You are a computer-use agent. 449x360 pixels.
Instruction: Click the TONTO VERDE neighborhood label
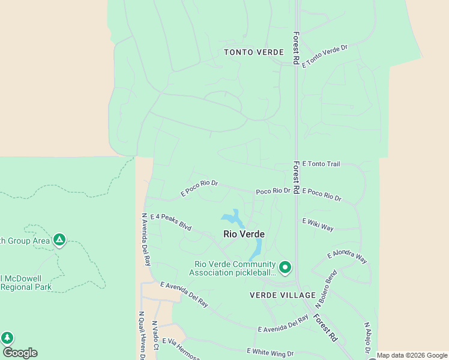click(x=253, y=52)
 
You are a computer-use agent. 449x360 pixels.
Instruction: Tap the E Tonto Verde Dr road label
click(x=325, y=55)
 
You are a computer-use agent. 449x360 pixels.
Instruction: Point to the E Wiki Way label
click(x=318, y=224)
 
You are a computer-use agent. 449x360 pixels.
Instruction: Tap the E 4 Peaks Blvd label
click(x=170, y=222)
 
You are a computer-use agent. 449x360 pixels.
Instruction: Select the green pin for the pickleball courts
click(x=285, y=267)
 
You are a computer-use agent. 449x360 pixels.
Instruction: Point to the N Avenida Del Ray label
click(x=145, y=239)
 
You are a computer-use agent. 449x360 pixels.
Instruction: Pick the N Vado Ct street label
click(x=154, y=335)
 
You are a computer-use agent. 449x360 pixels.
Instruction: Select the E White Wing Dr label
click(x=270, y=353)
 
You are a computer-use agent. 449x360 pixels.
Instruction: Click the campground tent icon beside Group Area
click(x=59, y=240)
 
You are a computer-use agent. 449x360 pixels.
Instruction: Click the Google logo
click(x=20, y=353)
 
